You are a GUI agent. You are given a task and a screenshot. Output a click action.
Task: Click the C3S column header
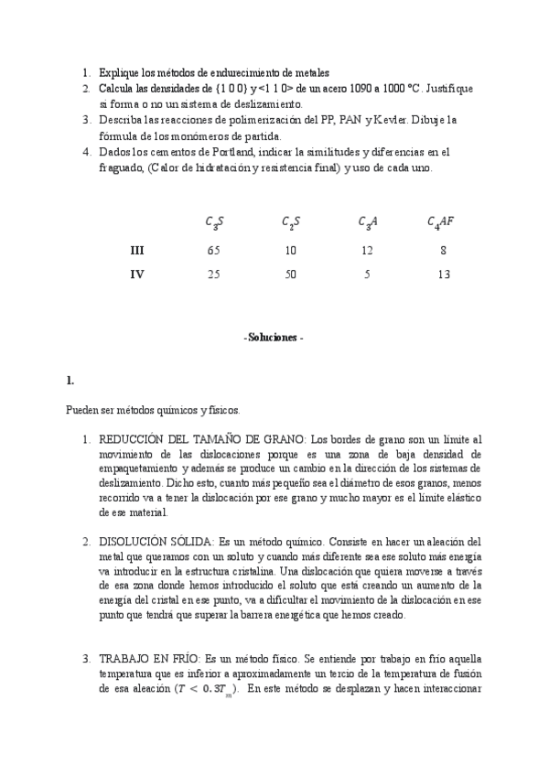[212, 221]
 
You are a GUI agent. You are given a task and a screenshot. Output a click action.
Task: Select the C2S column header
[289, 221]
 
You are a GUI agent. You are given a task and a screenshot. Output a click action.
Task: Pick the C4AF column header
[440, 221]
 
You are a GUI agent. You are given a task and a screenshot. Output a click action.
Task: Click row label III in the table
[137, 249]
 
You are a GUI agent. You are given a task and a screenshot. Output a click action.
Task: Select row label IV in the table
[137, 273]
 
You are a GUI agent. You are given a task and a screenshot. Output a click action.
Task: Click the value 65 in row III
[213, 249]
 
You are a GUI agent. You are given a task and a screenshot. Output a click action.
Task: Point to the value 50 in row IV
[289, 273]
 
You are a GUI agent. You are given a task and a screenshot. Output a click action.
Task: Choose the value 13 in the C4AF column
[443, 273]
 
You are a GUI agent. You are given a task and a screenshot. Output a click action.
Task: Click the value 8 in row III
[443, 249]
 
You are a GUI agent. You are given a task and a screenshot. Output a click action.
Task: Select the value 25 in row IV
[213, 273]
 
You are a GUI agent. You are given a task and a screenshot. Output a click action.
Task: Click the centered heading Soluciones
[274, 337]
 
